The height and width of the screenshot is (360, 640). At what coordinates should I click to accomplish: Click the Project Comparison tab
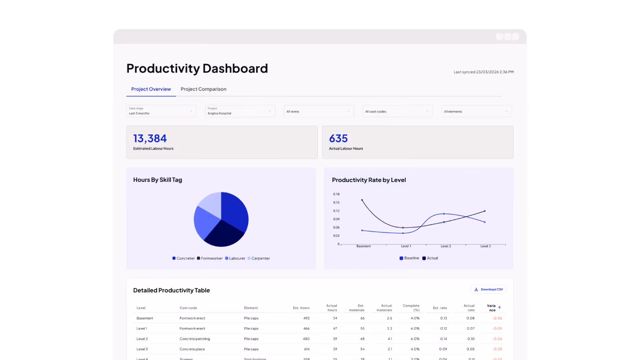tap(203, 89)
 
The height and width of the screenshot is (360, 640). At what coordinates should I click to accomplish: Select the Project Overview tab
tap(151, 89)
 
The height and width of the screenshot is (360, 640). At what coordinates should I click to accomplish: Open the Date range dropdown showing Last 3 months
tap(161, 111)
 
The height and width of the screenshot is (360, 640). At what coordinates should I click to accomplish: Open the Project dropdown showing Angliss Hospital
tap(240, 111)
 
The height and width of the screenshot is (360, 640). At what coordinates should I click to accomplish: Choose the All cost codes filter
tap(398, 112)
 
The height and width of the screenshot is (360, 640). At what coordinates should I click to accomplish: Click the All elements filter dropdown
tap(476, 112)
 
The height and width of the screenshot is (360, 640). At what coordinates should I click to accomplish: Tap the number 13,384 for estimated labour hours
tap(150, 138)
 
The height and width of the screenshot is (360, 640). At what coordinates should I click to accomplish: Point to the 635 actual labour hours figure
tap(338, 138)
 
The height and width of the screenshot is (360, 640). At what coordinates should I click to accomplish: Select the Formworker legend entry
tap(211, 258)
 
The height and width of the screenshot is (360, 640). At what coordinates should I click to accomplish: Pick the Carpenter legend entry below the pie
tap(260, 258)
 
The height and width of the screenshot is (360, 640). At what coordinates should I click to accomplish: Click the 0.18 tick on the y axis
tap(336, 194)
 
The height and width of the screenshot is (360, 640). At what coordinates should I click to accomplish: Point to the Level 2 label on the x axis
tap(446, 246)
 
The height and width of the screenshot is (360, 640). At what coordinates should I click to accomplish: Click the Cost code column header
tap(188, 308)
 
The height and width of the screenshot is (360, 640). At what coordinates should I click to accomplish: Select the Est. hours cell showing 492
tap(306, 318)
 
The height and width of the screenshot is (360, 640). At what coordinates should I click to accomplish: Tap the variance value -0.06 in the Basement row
tap(497, 318)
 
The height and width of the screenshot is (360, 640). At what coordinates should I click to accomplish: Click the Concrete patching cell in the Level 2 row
tap(195, 339)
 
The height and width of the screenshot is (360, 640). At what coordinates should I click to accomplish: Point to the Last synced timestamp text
tap(483, 72)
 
